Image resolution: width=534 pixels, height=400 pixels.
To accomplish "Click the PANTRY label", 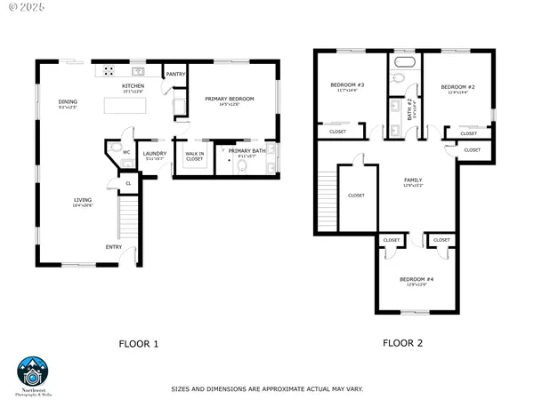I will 174,75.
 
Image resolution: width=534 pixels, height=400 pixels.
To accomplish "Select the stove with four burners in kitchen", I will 109,70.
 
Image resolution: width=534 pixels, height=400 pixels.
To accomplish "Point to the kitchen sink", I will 138,70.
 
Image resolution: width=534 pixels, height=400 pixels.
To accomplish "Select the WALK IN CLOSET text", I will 195,156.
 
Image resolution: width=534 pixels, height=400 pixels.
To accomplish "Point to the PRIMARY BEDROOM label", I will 230,98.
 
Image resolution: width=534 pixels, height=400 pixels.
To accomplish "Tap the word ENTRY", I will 114,247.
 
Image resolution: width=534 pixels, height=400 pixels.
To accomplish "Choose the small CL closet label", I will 128,184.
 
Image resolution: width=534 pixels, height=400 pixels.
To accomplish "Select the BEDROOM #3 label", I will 344,85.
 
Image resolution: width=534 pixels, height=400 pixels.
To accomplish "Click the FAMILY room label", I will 414,180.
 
